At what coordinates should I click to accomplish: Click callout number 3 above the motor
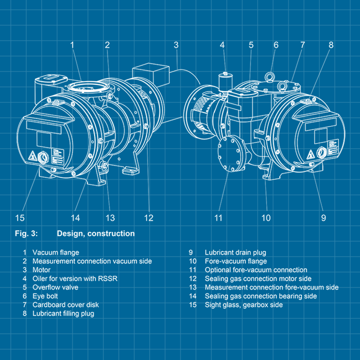point(176,45)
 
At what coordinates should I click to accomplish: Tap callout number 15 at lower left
point(20,218)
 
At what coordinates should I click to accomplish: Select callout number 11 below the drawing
point(219,218)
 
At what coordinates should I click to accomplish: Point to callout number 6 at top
point(276,45)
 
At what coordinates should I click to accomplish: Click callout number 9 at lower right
point(323,218)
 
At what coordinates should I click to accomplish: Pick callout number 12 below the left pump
point(149,218)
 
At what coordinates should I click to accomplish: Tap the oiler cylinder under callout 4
point(223,81)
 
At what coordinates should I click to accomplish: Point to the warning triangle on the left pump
point(32,155)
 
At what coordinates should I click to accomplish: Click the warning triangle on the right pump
point(311,154)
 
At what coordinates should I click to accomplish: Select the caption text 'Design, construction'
point(96,233)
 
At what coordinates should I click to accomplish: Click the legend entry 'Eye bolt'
point(45,296)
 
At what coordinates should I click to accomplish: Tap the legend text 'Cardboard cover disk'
point(65,304)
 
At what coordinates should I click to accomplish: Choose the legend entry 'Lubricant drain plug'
point(235,253)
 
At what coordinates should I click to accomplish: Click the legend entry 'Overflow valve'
point(56,287)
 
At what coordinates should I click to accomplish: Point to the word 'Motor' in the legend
point(41,270)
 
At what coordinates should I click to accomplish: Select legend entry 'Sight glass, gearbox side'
point(243,305)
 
